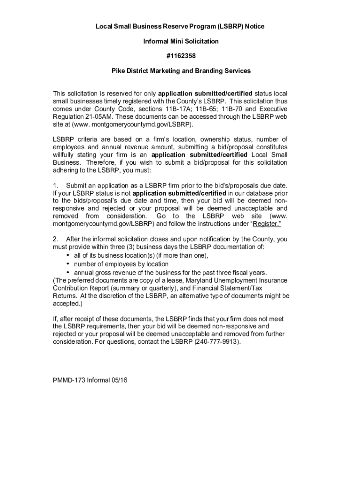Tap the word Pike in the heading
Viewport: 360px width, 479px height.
(x=118, y=71)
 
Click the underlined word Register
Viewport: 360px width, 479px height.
(x=266, y=224)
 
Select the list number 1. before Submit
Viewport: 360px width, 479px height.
(x=56, y=186)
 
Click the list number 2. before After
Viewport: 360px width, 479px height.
(x=56, y=239)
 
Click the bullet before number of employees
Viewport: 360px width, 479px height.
(x=68, y=264)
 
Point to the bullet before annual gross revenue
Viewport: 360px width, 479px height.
(x=68, y=272)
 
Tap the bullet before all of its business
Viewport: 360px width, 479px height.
(x=68, y=255)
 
